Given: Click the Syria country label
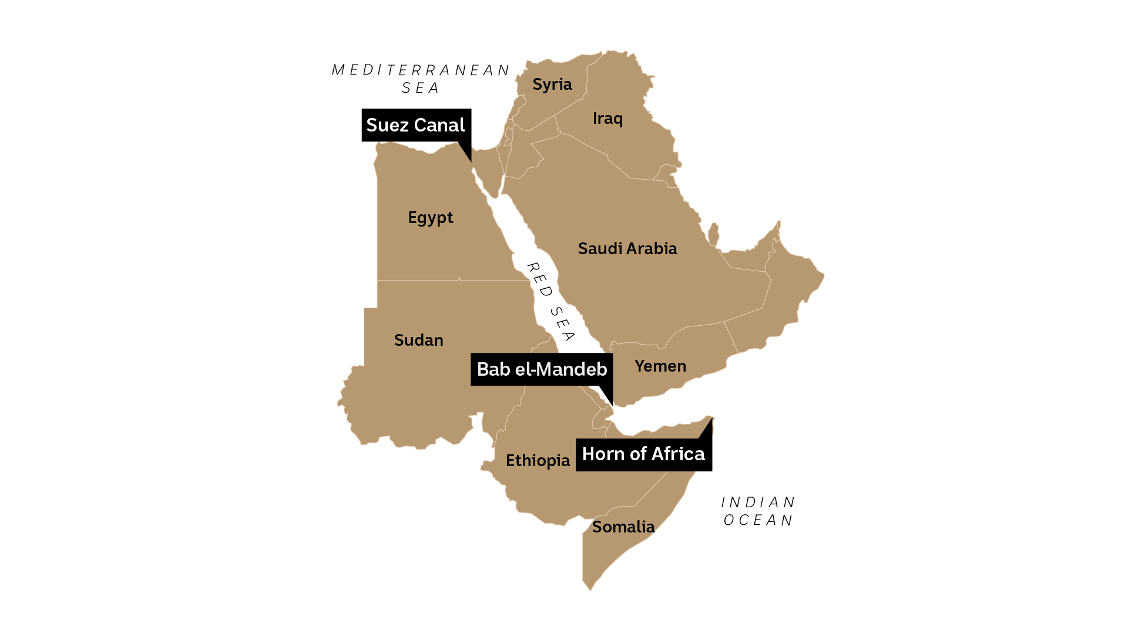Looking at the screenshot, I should pyautogui.click(x=552, y=85).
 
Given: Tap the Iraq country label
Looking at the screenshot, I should pyautogui.click(x=607, y=119).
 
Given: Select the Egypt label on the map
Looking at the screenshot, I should pyautogui.click(x=430, y=218).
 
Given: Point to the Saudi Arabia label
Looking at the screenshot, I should pyautogui.click(x=627, y=249).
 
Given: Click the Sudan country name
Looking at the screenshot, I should pyautogui.click(x=418, y=340).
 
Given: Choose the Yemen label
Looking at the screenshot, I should pyautogui.click(x=660, y=366).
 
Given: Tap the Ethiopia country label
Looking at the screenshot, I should pyautogui.click(x=537, y=461).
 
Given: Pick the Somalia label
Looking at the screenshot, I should pyautogui.click(x=623, y=527).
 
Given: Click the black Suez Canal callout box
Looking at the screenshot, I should pyautogui.click(x=415, y=125).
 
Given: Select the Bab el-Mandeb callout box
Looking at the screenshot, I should pyautogui.click(x=541, y=369).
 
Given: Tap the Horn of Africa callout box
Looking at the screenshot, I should pyautogui.click(x=643, y=454).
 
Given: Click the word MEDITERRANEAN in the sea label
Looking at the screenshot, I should pyautogui.click(x=420, y=70).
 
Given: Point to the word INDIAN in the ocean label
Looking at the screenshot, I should pyautogui.click(x=758, y=503).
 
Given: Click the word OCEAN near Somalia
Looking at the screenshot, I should pyautogui.click(x=758, y=521).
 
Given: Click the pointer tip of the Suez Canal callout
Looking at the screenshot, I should pyautogui.click(x=471, y=161).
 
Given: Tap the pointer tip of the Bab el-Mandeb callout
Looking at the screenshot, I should pyautogui.click(x=612, y=406).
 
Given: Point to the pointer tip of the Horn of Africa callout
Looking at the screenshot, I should pyautogui.click(x=712, y=419).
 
